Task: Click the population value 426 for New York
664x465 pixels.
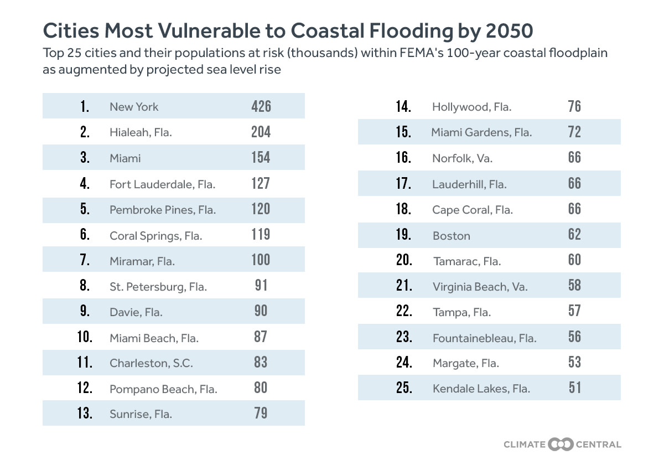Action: point(261,106)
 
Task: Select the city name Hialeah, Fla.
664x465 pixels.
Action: point(141,133)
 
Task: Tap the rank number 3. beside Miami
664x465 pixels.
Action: point(85,158)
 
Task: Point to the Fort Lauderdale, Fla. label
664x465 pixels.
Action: point(162,184)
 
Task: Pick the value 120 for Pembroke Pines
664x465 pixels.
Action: point(261,209)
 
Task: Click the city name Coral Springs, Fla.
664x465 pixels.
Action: point(156,236)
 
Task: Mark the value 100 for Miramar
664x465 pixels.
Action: point(261,260)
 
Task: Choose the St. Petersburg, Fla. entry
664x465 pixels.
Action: point(158,287)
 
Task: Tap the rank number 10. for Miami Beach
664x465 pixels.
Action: point(85,337)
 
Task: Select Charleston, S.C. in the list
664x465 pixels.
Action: point(151,363)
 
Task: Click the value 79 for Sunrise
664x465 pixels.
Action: point(261,413)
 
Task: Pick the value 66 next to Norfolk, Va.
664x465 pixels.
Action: point(574,157)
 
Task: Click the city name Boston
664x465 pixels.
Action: point(452,236)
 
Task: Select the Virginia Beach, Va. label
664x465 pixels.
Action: point(480,287)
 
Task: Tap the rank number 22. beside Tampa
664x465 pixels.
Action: point(404,311)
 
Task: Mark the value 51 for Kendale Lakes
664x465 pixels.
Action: point(574,387)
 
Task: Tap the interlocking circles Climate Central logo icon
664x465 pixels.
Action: point(561,444)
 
